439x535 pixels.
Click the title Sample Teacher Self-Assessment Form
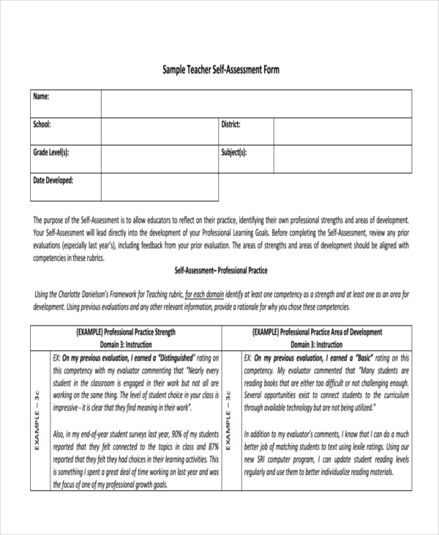[x=220, y=70]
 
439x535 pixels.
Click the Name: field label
[x=41, y=97]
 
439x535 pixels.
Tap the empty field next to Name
[x=256, y=103]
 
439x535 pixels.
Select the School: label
[x=42, y=125]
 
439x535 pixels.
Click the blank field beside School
[x=159, y=131]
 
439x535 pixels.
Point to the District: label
[x=230, y=125]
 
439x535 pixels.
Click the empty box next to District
[x=342, y=131]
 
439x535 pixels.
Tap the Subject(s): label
[x=234, y=152]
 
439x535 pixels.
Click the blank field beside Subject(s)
[x=342, y=159]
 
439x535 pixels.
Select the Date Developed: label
[x=53, y=180]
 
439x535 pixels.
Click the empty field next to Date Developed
[x=159, y=187]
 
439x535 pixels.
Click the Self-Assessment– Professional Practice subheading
[x=220, y=270]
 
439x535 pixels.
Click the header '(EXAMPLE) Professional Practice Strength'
[x=126, y=332]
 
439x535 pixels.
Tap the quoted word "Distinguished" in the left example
[x=168, y=358]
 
